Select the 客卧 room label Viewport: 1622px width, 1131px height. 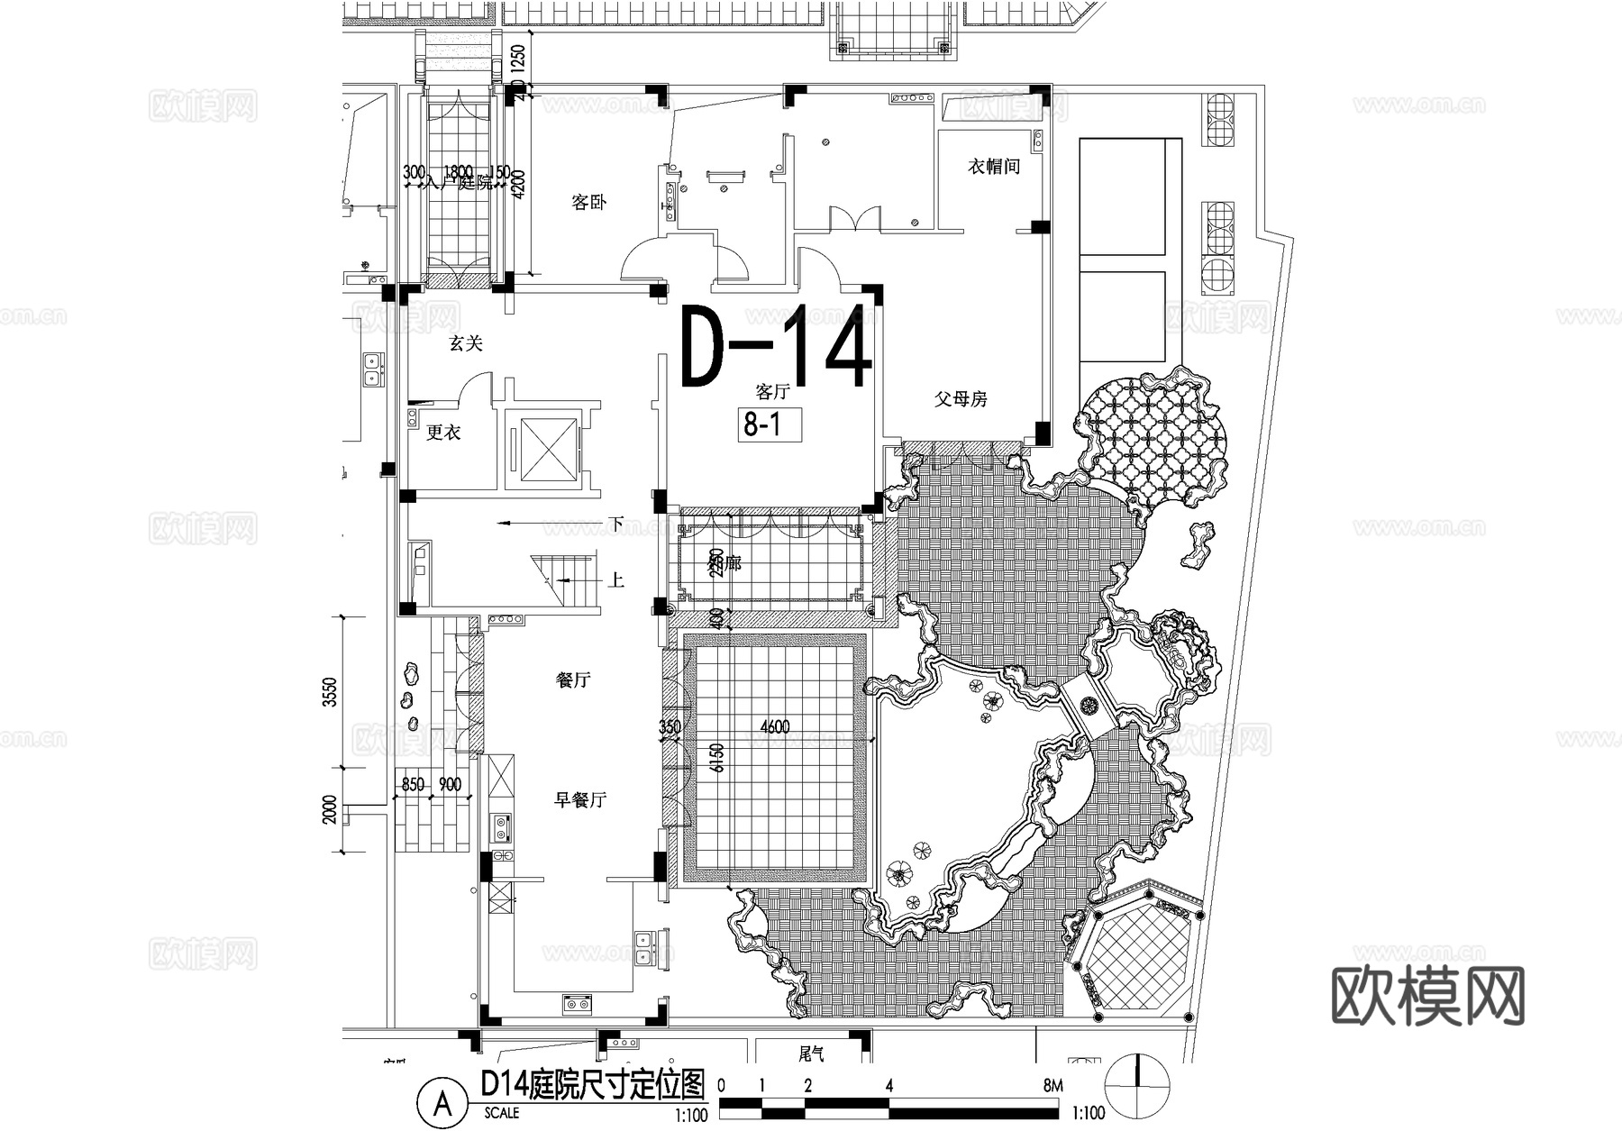588,202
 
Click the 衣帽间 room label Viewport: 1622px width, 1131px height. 994,167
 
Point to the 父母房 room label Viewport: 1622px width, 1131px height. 961,399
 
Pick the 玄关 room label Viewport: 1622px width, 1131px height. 466,343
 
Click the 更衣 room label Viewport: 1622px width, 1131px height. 443,433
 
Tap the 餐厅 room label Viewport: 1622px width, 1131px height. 572,680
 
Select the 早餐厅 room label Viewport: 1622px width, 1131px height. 579,799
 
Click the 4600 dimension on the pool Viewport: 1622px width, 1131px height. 775,727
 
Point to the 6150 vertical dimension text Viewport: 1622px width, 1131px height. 717,758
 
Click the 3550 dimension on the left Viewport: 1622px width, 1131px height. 330,692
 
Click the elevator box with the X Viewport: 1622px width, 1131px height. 540,447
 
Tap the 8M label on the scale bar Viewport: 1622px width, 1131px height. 1052,1087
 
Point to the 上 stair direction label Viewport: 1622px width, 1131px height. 615,579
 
